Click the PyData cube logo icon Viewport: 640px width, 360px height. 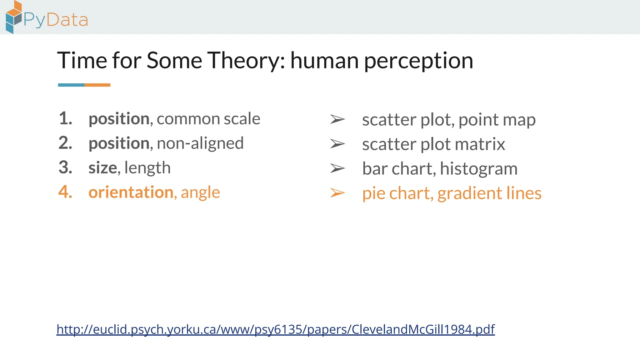coord(14,17)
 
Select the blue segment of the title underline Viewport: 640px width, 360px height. coord(71,85)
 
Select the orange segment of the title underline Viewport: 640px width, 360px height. coord(97,85)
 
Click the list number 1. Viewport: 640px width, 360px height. coord(65,119)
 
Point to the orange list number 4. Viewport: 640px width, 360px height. coord(65,192)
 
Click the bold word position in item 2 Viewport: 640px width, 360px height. coord(119,144)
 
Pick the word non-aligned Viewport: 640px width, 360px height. coord(200,143)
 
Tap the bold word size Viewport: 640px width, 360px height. coord(102,168)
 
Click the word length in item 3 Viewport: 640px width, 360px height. coord(147,168)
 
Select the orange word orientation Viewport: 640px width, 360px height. coord(131,192)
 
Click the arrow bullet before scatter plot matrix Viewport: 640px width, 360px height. coord(337,144)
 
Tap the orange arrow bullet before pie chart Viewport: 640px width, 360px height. coord(337,193)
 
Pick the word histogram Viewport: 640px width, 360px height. coord(479,169)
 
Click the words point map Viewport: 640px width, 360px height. coord(497,120)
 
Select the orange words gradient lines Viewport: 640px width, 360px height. coord(489,193)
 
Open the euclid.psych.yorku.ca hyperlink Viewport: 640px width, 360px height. coord(275,329)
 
